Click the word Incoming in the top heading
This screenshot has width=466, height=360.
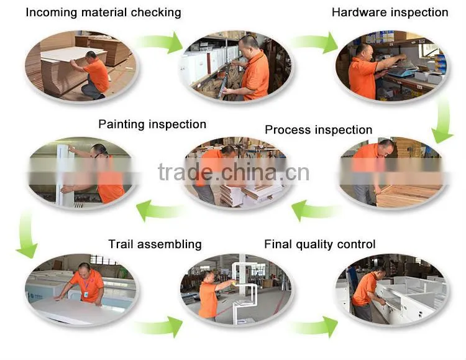[x=52, y=12]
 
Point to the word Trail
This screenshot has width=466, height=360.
[x=121, y=244]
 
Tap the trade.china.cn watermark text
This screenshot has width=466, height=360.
[x=234, y=172]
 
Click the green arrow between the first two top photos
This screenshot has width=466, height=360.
[x=160, y=42]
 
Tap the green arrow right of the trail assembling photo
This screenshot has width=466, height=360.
[x=159, y=326]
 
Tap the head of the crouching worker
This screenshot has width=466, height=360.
[x=91, y=55]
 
